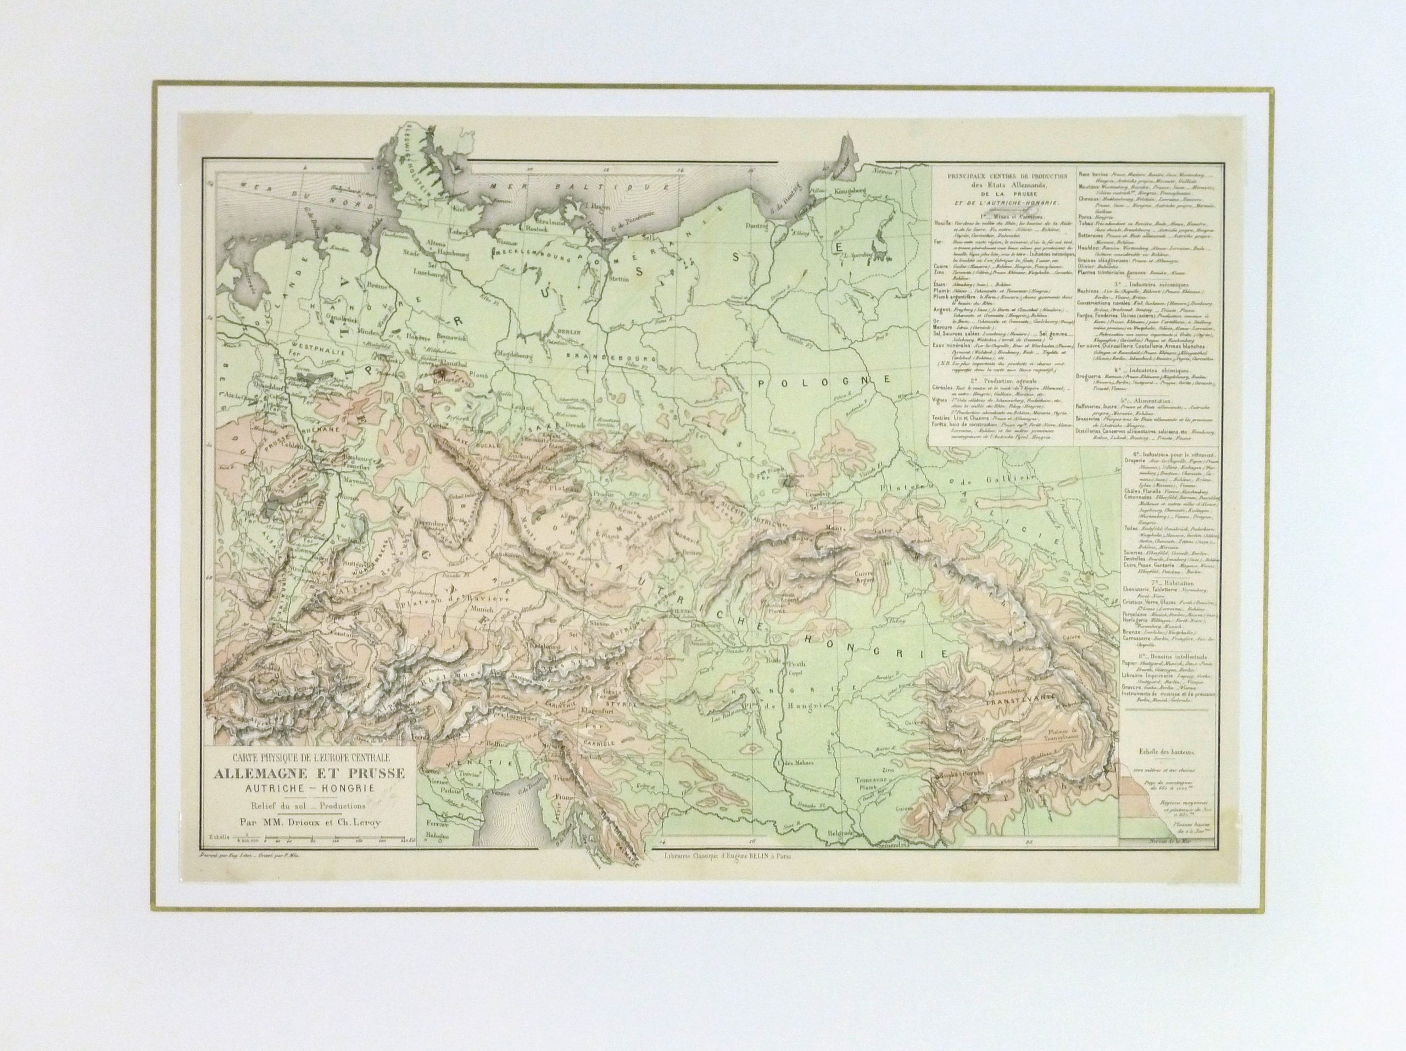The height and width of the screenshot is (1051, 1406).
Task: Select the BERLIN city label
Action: pyautogui.click(x=565, y=332)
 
